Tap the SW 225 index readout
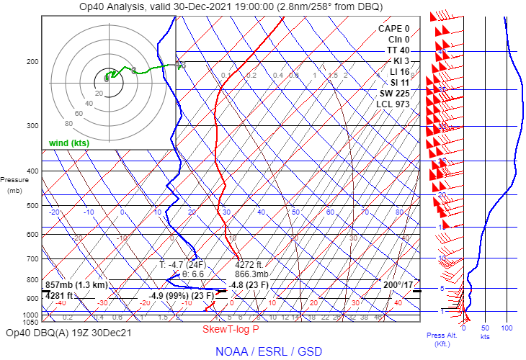[x=395, y=94]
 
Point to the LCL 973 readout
[x=393, y=104]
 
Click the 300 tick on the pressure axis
[x=32, y=126]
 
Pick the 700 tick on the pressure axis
[x=32, y=258]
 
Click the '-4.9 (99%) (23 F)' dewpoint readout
[x=181, y=295]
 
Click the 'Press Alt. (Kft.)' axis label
[x=438, y=339]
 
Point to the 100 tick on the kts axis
[x=507, y=328]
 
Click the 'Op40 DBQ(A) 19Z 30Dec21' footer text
[x=68, y=333]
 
